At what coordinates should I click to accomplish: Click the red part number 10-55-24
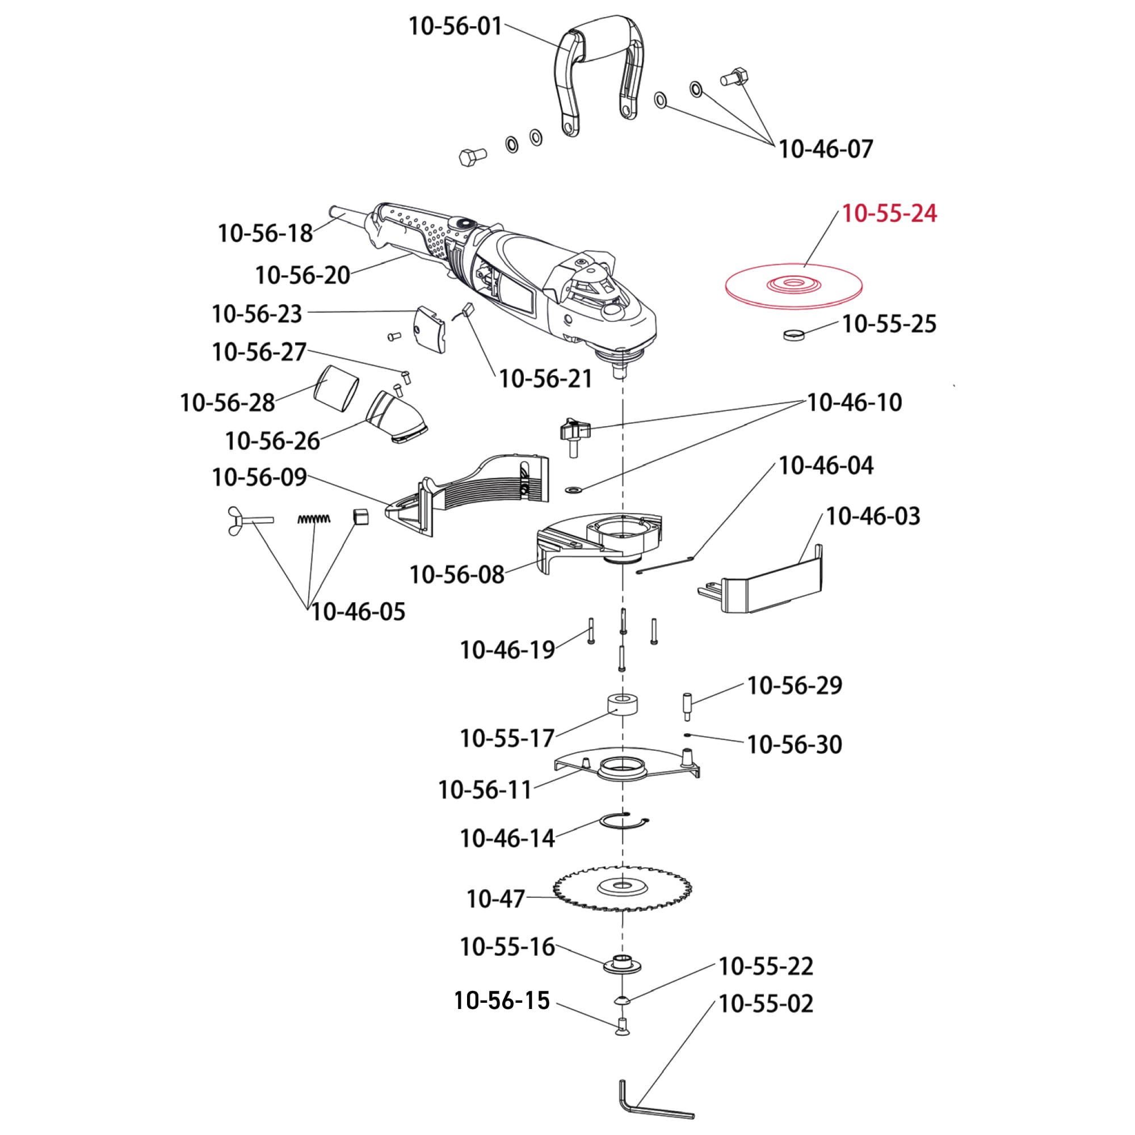coord(889,213)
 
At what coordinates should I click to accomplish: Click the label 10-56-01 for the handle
coord(455,27)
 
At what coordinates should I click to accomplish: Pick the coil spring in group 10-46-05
coord(314,519)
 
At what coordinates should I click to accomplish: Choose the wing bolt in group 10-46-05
coord(249,519)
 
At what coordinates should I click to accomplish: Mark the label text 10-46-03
coord(872,516)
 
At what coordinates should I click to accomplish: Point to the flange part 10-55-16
coord(621,965)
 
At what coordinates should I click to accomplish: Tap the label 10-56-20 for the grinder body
coord(302,275)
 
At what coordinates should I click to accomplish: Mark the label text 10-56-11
coord(485,789)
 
